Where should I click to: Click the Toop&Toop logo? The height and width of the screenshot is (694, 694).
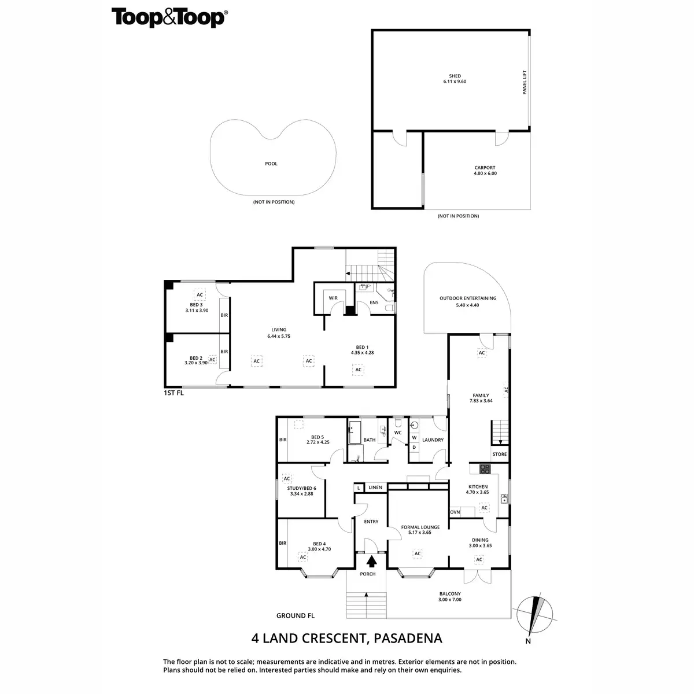168,18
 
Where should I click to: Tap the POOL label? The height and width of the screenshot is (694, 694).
271,164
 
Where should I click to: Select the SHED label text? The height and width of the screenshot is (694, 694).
455,76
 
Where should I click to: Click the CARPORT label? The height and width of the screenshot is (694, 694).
485,168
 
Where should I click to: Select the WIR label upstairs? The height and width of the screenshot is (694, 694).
333,298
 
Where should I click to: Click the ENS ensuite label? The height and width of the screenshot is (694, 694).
374,302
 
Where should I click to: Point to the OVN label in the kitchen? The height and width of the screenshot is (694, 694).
455,512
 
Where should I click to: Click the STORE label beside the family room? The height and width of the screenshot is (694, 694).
500,454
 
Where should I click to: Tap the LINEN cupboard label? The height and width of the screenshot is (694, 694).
375,488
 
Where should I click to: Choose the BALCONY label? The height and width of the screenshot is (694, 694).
449,594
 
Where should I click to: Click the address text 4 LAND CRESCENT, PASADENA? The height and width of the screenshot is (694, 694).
346,638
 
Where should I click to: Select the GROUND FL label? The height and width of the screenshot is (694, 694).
296,616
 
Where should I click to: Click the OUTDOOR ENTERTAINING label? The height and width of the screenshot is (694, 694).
467,298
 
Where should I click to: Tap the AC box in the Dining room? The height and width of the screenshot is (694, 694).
479,559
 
